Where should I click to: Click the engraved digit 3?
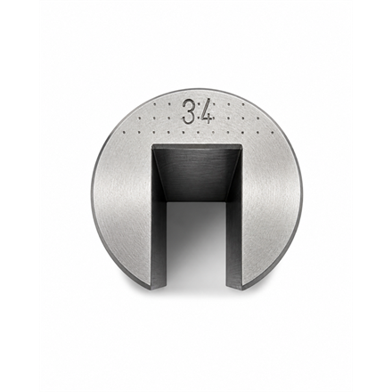tap(189, 111)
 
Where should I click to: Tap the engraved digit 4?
tap(207, 112)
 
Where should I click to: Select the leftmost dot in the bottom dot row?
tap(123, 131)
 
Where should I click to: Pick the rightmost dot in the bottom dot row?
tap(274, 133)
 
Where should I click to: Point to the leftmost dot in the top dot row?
tap(154, 104)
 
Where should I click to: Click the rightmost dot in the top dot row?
tap(243, 104)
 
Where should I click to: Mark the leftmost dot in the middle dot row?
tap(138, 118)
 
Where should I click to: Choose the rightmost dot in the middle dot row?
tap(258, 118)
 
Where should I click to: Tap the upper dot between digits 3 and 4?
tap(198, 104)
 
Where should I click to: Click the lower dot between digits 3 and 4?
tap(198, 118)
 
